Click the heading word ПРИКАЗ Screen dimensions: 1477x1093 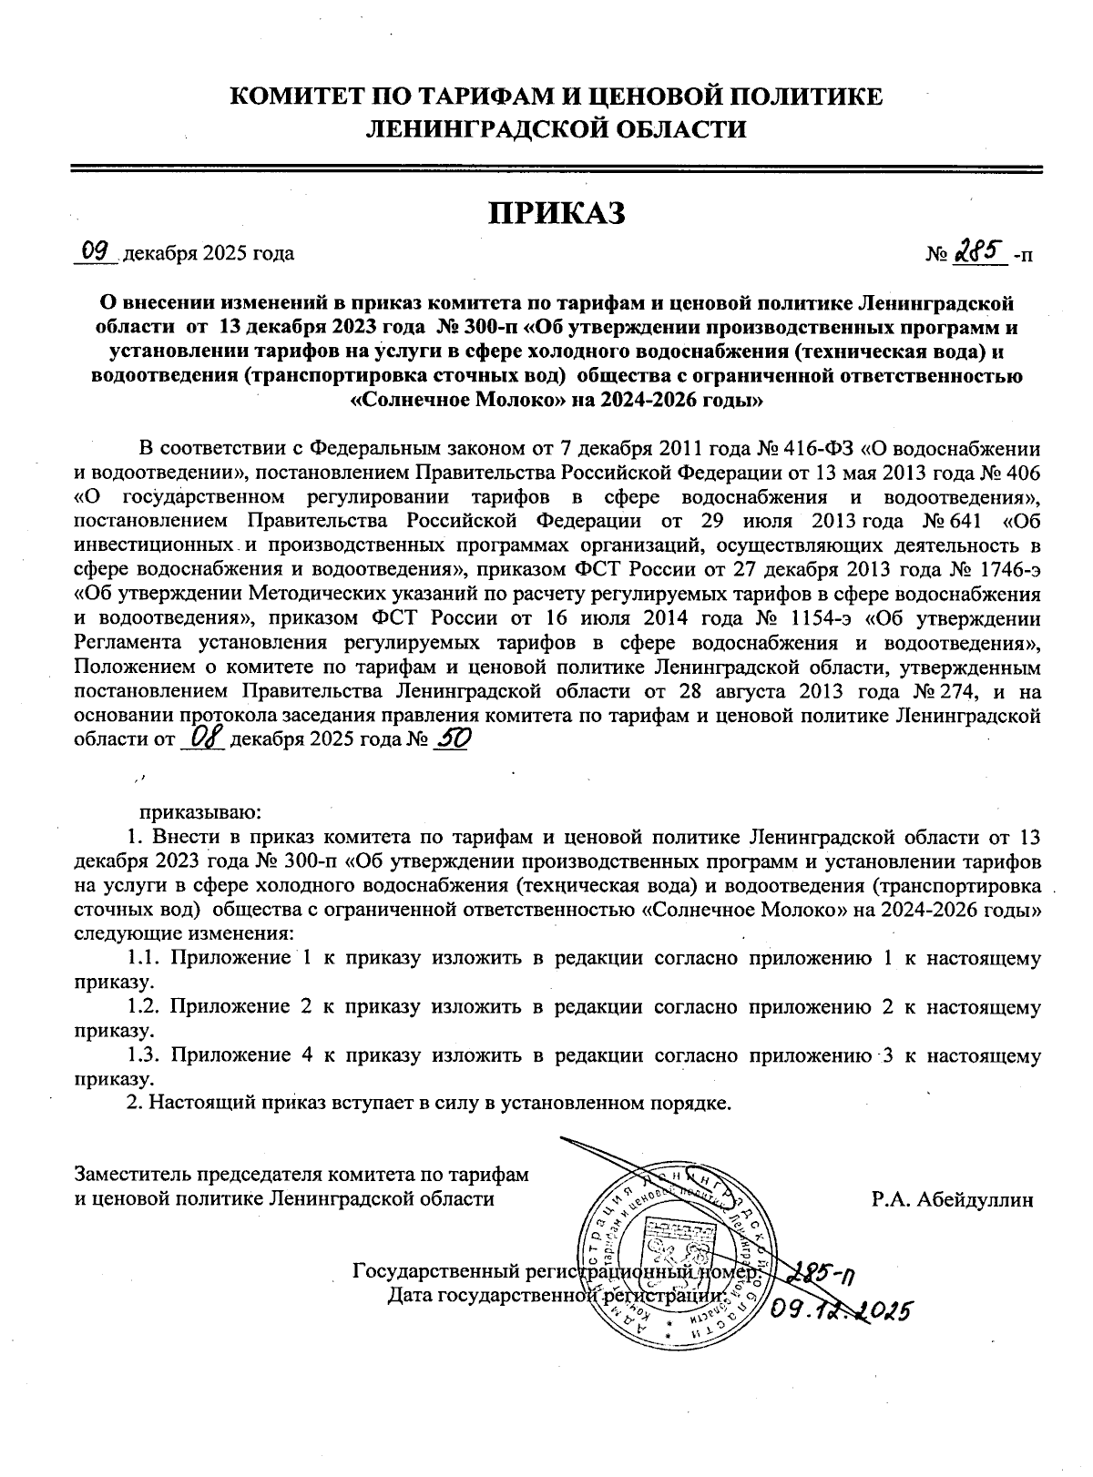(x=557, y=212)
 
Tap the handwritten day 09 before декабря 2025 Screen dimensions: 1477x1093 (x=96, y=249)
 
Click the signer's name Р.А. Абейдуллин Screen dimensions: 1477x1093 (x=953, y=1198)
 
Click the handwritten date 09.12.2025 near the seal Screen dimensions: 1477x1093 (x=840, y=1310)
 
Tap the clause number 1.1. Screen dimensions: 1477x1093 (x=144, y=958)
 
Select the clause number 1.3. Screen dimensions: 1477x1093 (x=144, y=1056)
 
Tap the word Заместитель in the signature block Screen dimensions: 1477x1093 (x=131, y=1175)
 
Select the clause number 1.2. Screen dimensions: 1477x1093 (x=144, y=1007)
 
